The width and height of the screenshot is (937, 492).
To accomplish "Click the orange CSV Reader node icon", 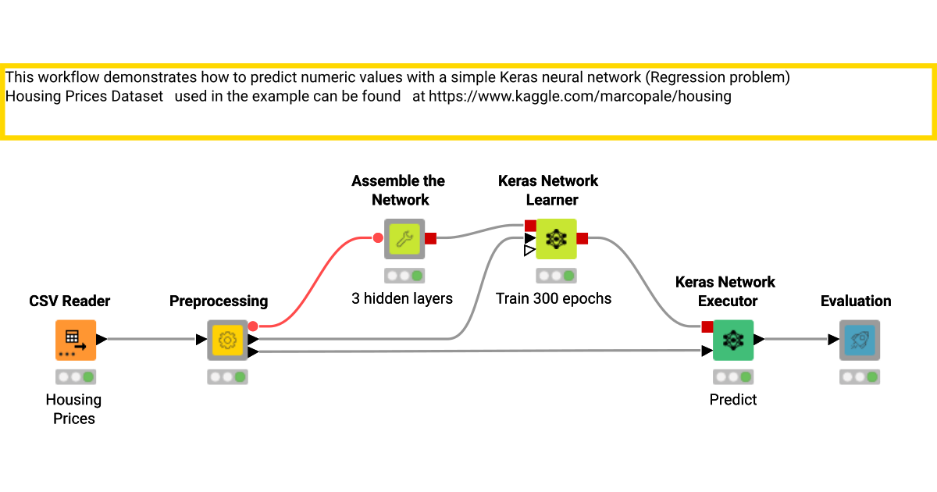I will pos(75,340).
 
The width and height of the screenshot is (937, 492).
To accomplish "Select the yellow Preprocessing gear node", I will pos(227,340).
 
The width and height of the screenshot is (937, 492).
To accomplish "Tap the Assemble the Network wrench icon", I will pos(404,238).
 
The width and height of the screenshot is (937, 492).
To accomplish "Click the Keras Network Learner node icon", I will pos(556,238).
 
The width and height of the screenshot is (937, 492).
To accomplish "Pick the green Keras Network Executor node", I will pos(732,340).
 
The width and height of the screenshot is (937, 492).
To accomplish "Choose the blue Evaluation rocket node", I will pos(859,340).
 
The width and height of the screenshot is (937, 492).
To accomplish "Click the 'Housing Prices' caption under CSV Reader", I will pos(73,409).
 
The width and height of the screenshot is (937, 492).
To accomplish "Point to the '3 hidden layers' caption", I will pos(402,298).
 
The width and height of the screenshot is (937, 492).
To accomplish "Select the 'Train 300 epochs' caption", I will pos(554,298).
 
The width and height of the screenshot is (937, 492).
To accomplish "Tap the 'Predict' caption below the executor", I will pos(732,400).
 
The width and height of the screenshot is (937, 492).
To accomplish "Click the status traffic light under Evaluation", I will pos(860,377).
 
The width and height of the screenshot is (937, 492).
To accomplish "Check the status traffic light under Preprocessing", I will pos(227,377).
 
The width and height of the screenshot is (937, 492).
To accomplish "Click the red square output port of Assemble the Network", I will pos(430,238).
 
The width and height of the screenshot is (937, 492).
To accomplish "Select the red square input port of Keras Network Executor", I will pos(707,326).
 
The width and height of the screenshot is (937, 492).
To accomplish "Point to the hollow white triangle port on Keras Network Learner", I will pos(529,251).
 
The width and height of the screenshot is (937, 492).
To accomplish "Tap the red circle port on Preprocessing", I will pos(253,326).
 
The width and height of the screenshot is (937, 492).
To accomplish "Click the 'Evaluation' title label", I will pos(856,301).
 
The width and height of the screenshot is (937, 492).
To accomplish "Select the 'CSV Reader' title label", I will pos(69,301).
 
